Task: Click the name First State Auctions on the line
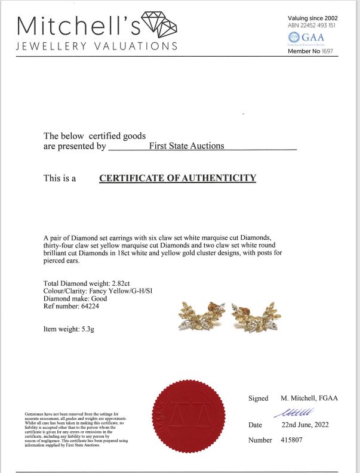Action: pyautogui.click(x=186, y=146)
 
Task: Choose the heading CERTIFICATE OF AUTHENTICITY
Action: pyautogui.click(x=177, y=178)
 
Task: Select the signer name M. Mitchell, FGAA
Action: pyautogui.click(x=309, y=398)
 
